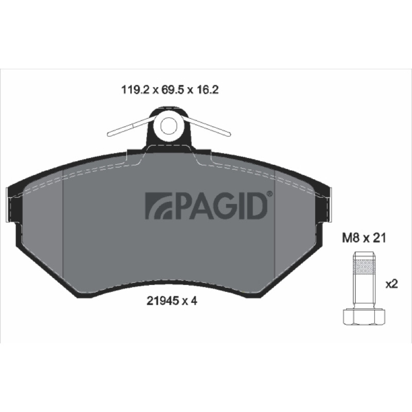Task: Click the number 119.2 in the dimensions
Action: (x=135, y=90)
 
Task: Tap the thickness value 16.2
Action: (x=207, y=90)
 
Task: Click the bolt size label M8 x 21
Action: (x=364, y=238)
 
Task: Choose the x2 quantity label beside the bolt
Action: (x=392, y=284)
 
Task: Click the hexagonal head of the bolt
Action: (x=364, y=317)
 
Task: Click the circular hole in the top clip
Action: (x=168, y=126)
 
